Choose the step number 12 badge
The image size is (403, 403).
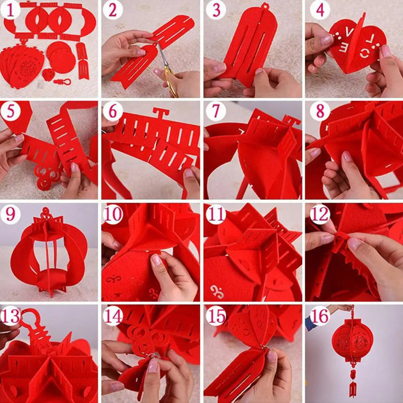[x=320, y=214]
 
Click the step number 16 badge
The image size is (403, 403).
[x=320, y=316]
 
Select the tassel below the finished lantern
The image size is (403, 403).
[x=352, y=384]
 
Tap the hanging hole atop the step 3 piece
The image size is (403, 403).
[x=264, y=6]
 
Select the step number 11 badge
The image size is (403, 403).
[x=216, y=214]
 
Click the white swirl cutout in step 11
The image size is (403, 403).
[x=217, y=291]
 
